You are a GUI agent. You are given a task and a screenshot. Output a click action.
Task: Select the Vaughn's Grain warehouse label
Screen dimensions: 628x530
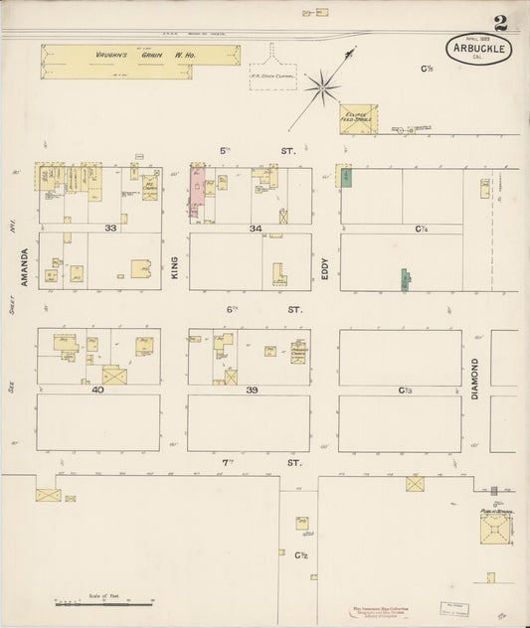point(139,55)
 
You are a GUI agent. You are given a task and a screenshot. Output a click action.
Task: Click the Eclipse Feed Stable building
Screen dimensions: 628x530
point(358,118)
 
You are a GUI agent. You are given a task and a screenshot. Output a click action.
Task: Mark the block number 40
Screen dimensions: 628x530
point(97,390)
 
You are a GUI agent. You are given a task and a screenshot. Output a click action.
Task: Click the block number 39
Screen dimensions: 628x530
point(253,390)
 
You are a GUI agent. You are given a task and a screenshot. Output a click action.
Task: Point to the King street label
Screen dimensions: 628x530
point(175,260)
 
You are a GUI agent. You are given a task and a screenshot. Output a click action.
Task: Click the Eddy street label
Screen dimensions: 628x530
point(325,260)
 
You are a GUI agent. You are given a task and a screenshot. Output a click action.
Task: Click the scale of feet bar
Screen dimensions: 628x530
point(103,602)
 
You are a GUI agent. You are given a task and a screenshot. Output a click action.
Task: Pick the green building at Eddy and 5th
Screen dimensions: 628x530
point(347,178)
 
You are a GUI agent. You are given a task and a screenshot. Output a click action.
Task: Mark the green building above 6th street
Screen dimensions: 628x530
point(406,279)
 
